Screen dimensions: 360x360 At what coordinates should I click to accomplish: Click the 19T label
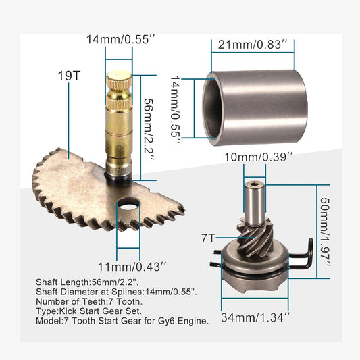tap(68, 76)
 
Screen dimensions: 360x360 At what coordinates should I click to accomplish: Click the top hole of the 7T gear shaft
tap(255, 183)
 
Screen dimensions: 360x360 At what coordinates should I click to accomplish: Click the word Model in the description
tap(48, 322)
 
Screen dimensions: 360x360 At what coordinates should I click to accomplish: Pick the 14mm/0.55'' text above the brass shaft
tap(119, 40)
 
